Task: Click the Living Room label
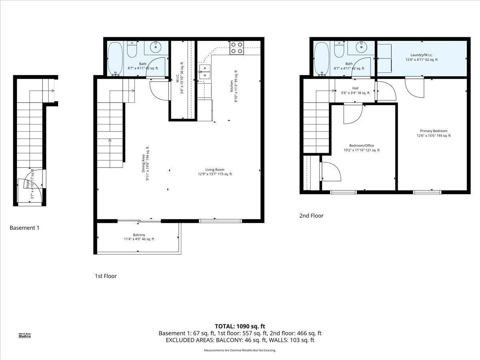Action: coord(215,172)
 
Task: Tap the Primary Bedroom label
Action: coord(434,133)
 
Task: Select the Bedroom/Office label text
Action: coord(362,148)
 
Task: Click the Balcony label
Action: coord(139,237)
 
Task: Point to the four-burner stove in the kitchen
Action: coord(236,48)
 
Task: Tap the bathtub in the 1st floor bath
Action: coord(116,59)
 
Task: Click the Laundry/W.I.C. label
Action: coord(421,57)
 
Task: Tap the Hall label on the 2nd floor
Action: coord(355,90)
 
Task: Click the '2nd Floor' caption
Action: coord(311,216)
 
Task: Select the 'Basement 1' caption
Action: coord(24,228)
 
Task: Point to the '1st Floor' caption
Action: coord(106,276)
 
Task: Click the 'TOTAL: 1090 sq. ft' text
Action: coord(240,326)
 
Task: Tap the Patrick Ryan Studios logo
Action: coord(25,335)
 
